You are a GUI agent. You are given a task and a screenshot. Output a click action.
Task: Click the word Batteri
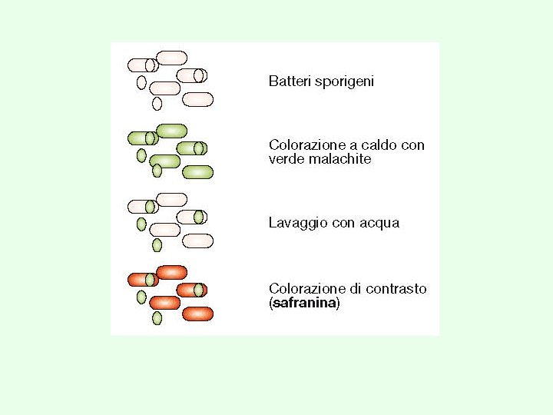point(290,81)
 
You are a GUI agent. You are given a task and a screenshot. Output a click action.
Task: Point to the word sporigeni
point(344,82)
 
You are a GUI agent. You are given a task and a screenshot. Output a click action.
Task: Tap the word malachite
point(340,159)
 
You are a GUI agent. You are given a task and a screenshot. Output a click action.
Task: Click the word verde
point(286,159)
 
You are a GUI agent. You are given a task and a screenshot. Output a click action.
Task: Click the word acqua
point(379,224)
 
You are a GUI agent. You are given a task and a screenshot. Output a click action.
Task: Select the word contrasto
point(396,289)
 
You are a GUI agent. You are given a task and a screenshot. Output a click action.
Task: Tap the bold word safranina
point(304,303)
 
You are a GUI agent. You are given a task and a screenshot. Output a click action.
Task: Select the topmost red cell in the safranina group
point(172,272)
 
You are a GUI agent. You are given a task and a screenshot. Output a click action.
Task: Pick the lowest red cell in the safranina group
point(198,314)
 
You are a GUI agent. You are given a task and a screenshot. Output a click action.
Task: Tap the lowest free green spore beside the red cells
point(157,318)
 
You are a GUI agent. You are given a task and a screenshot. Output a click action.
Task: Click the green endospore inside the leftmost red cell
point(150,280)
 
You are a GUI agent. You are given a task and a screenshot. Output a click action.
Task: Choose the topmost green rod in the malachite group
point(172,131)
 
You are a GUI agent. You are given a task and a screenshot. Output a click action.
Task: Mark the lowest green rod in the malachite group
point(198,172)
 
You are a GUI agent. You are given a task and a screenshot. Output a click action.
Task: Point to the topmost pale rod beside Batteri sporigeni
point(172,58)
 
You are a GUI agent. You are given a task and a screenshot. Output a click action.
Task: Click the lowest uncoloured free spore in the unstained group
point(157,104)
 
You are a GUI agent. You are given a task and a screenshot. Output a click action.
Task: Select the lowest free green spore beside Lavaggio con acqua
point(157,245)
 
